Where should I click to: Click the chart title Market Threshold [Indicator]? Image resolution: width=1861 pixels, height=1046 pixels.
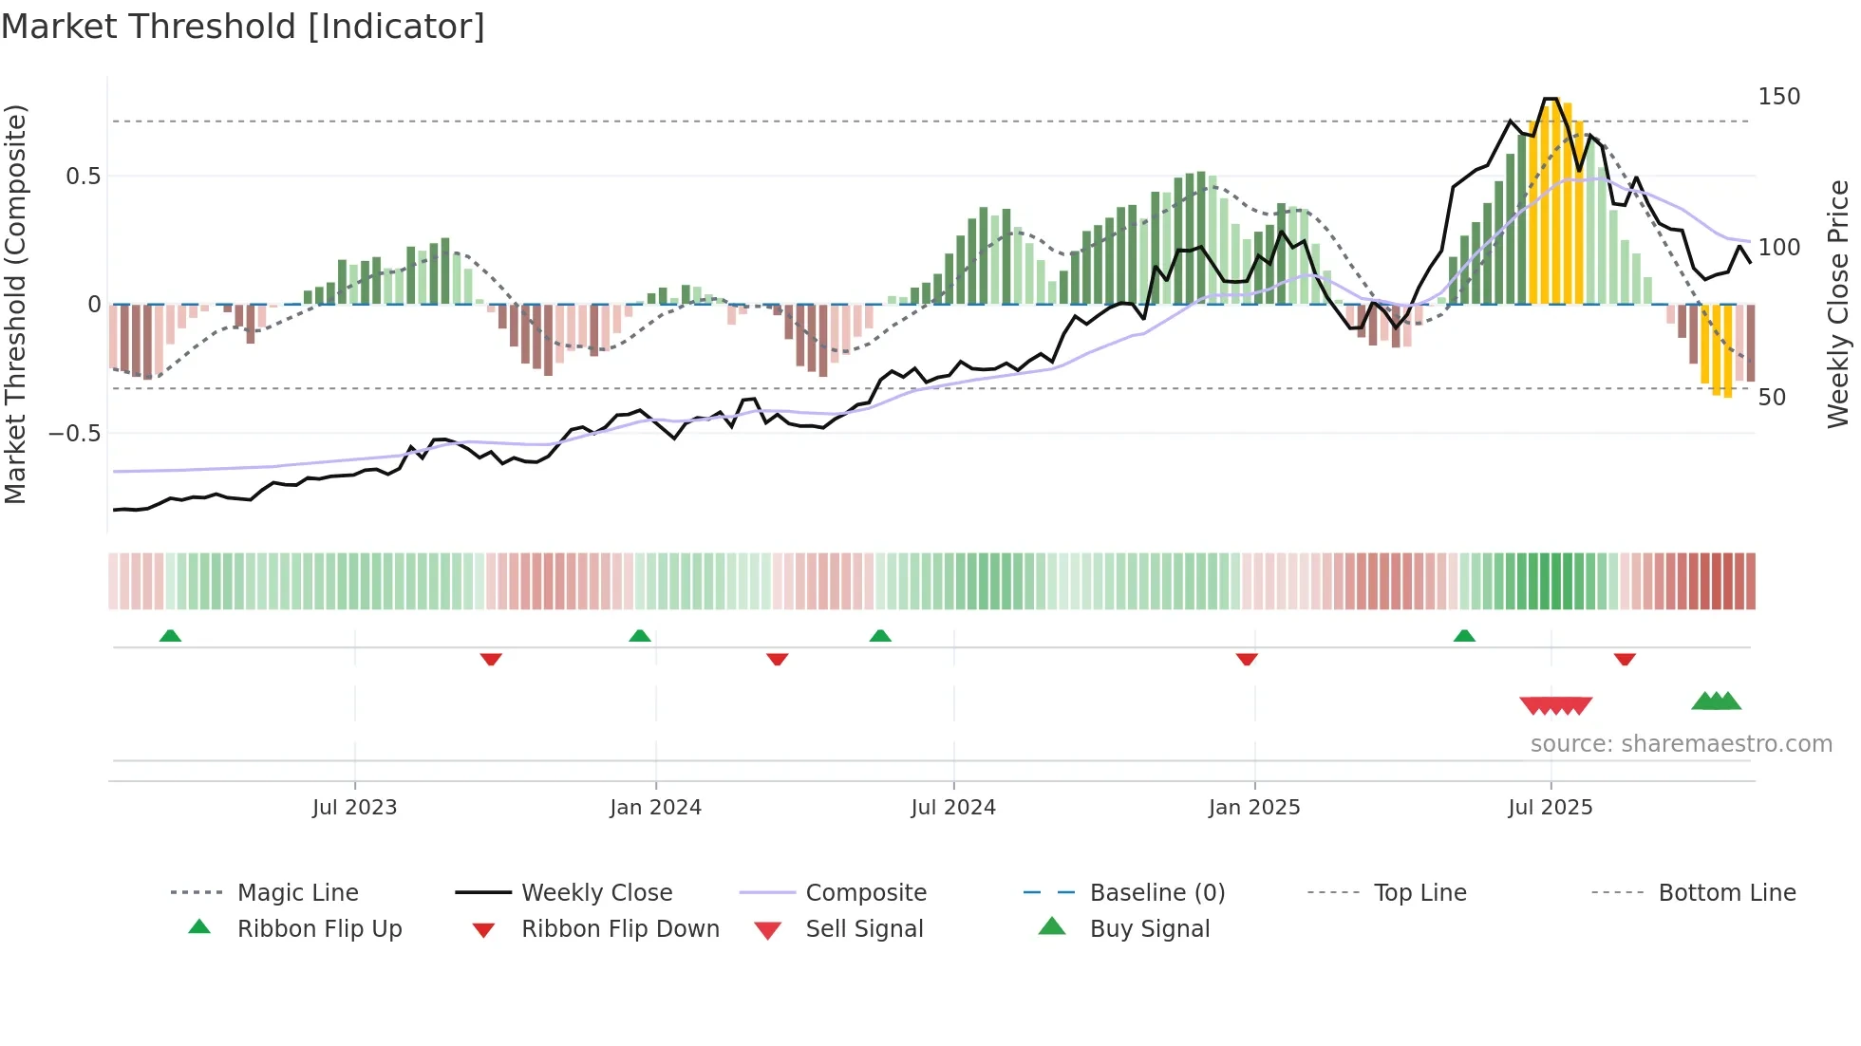pyautogui.click(x=243, y=27)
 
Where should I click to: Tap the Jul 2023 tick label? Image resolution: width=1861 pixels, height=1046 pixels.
pyautogui.click(x=354, y=808)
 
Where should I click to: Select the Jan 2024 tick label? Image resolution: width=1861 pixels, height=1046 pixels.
pyautogui.click(x=655, y=808)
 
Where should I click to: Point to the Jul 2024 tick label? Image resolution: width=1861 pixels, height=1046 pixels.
pyautogui.click(x=953, y=808)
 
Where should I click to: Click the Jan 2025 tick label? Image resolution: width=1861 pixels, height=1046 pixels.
pyautogui.click(x=1254, y=808)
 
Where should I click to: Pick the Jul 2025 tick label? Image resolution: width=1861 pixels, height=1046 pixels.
pyautogui.click(x=1551, y=808)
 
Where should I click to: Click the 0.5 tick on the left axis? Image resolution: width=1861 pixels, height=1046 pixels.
pyautogui.click(x=84, y=177)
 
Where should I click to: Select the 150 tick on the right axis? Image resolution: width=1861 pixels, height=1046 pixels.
pyautogui.click(x=1778, y=97)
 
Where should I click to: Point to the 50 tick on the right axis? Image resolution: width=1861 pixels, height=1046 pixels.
pyautogui.click(x=1772, y=398)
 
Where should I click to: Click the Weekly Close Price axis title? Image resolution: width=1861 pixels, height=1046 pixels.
pyautogui.click(x=1838, y=304)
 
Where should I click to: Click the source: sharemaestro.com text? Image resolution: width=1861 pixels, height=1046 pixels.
pyautogui.click(x=1681, y=744)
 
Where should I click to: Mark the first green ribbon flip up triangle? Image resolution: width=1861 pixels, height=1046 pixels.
pyautogui.click(x=170, y=636)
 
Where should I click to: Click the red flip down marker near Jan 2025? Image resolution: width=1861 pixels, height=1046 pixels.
pyautogui.click(x=1247, y=659)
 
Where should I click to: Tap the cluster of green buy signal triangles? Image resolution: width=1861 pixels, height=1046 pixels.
pyautogui.click(x=1717, y=701)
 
